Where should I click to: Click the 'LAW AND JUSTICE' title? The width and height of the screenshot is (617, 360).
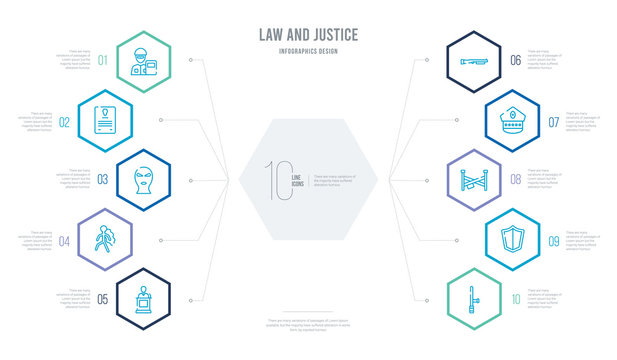tap(307, 35)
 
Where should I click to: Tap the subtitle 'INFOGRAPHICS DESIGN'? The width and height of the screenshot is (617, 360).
tap(307, 49)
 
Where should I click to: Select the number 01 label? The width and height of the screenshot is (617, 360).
tap(101, 60)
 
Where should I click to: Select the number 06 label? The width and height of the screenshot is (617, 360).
tap(515, 60)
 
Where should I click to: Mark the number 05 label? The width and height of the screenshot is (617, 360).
tap(101, 297)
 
